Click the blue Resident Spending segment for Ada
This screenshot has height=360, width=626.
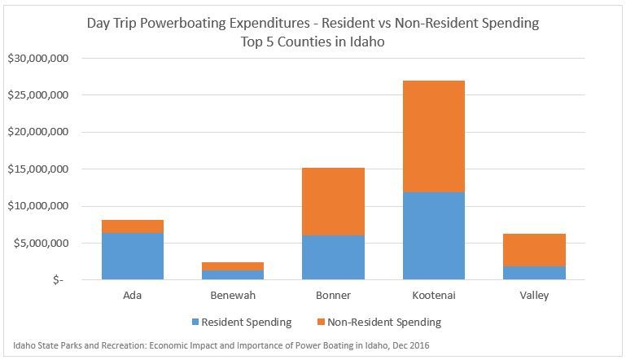[132, 256]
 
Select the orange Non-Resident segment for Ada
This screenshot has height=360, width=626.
[132, 226]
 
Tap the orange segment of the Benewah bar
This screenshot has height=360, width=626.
[233, 266]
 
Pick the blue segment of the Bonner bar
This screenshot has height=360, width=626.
[333, 257]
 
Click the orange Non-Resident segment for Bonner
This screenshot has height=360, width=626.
[333, 201]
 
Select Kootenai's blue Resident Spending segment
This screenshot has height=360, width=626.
[434, 235]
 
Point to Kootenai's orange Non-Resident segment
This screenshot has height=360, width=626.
[434, 136]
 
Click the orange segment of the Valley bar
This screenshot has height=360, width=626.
[534, 250]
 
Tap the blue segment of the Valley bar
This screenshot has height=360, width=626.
[534, 273]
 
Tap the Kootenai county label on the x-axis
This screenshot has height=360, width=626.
[434, 296]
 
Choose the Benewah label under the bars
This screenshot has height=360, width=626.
[233, 296]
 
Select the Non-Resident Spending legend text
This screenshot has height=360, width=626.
[386, 322]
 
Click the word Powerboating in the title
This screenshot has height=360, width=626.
[187, 23]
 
